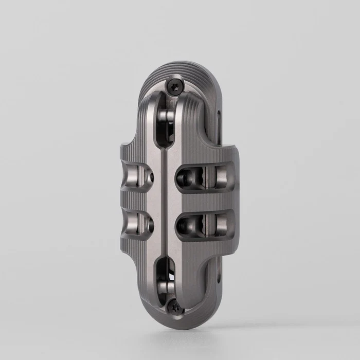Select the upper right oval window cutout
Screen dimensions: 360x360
click(x=204, y=178)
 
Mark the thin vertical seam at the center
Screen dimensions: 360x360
click(x=165, y=201)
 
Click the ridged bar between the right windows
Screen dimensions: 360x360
click(x=206, y=202)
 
